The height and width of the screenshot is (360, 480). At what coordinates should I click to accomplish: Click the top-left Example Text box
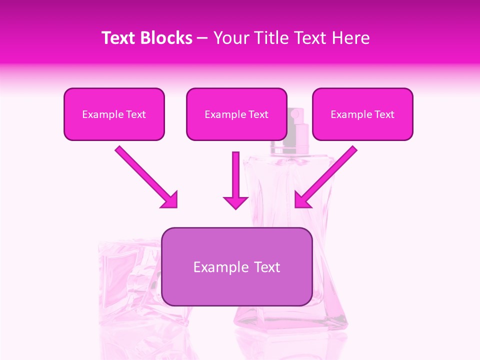tap(114, 114)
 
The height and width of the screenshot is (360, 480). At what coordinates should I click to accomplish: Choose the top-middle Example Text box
tap(236, 114)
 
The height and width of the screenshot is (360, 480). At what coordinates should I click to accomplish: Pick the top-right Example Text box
tap(362, 114)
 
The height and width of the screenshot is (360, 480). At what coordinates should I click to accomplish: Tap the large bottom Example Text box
tap(236, 267)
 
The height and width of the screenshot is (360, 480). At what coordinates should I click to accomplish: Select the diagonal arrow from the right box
tap(327, 175)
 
